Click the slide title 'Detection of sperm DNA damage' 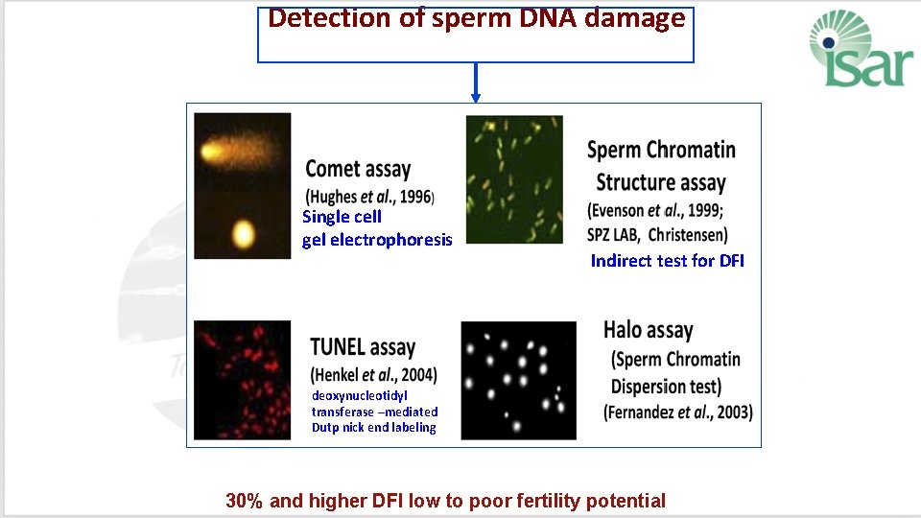476,18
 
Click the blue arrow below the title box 475,83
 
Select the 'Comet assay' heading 358,170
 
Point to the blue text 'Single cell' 342,217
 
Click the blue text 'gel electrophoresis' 377,240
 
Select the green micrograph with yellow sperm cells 513,166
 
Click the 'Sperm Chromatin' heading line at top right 661,150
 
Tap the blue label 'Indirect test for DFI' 667,261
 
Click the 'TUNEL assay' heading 363,347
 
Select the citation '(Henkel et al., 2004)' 373,374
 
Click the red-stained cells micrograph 242,380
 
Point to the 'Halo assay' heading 648,330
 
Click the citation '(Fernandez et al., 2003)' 678,412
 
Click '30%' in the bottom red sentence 244,501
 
